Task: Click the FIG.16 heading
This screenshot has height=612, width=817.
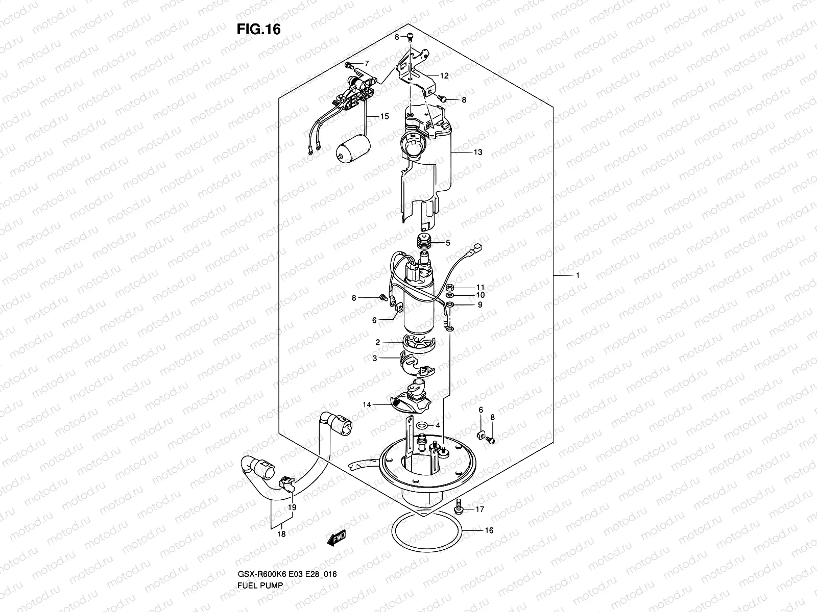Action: [x=258, y=30]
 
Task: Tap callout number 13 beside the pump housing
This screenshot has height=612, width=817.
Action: [x=478, y=152]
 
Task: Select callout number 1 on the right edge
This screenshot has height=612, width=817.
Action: [x=577, y=275]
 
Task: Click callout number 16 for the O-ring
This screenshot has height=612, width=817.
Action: [x=489, y=530]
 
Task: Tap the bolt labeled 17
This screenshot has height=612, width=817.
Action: [x=459, y=506]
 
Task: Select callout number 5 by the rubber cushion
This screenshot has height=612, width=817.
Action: [x=448, y=243]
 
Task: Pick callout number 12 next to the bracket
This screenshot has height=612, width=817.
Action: [x=444, y=75]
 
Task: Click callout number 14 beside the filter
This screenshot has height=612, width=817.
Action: [x=367, y=404]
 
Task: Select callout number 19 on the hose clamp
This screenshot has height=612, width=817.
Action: [x=292, y=507]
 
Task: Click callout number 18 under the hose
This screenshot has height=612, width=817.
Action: [x=281, y=533]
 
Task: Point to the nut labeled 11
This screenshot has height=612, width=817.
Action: [x=449, y=287]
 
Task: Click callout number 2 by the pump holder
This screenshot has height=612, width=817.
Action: [x=377, y=342]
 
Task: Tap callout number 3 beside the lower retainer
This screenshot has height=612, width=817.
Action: [x=374, y=359]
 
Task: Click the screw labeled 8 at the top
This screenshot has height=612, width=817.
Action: [x=410, y=36]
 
